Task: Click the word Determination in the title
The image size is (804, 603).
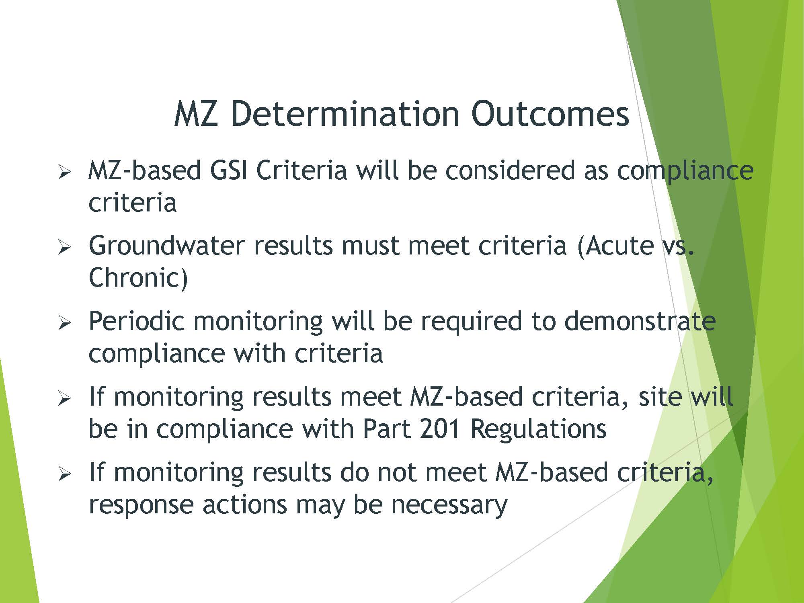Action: (346, 114)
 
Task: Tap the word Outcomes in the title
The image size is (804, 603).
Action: (550, 114)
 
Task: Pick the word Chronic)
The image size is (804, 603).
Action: (138, 278)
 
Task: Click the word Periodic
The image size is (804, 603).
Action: (136, 321)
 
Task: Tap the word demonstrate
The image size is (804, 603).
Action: (640, 321)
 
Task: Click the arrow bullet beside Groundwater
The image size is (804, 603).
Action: (64, 247)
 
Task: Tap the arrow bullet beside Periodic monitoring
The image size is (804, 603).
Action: (64, 323)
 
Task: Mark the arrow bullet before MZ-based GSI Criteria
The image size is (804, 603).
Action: (64, 172)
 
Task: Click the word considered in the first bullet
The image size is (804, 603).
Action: (510, 170)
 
